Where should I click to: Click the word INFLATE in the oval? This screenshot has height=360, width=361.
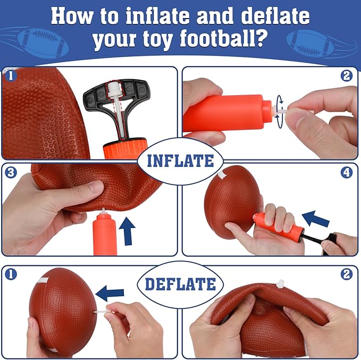(x=180, y=161)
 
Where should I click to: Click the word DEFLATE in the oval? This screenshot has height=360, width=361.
(x=180, y=284)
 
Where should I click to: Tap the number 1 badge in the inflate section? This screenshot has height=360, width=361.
(x=11, y=76)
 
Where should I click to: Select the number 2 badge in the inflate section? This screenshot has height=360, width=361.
(x=347, y=76)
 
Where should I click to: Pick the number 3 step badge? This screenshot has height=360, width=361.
(x=11, y=172)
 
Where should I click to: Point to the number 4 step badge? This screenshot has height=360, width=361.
(x=347, y=172)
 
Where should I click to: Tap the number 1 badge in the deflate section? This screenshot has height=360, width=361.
(x=11, y=274)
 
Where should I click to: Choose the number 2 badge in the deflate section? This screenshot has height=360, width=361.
(x=347, y=274)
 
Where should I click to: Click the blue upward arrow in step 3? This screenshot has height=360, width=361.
(x=127, y=231)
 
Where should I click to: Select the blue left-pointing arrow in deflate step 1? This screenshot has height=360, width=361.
(x=110, y=293)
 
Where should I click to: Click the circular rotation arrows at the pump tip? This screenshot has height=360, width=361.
(x=280, y=112)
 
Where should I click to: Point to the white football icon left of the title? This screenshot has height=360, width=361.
(x=43, y=43)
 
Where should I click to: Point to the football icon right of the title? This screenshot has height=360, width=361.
(x=310, y=44)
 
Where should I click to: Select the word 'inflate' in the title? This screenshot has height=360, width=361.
(x=157, y=16)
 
